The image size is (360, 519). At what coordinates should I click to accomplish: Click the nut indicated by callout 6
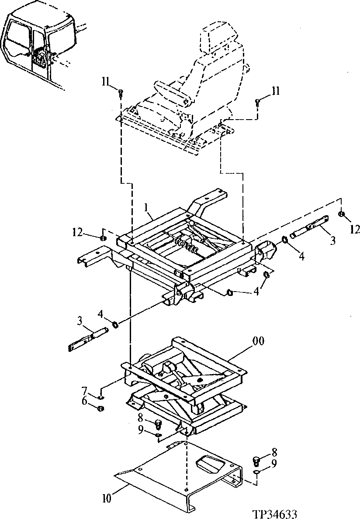pos(100,409)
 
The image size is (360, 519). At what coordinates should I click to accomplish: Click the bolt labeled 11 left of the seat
pos(120,92)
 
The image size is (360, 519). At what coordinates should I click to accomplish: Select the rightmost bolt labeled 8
pos(256,461)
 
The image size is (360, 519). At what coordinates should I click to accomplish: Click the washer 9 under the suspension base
pos(158,435)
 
